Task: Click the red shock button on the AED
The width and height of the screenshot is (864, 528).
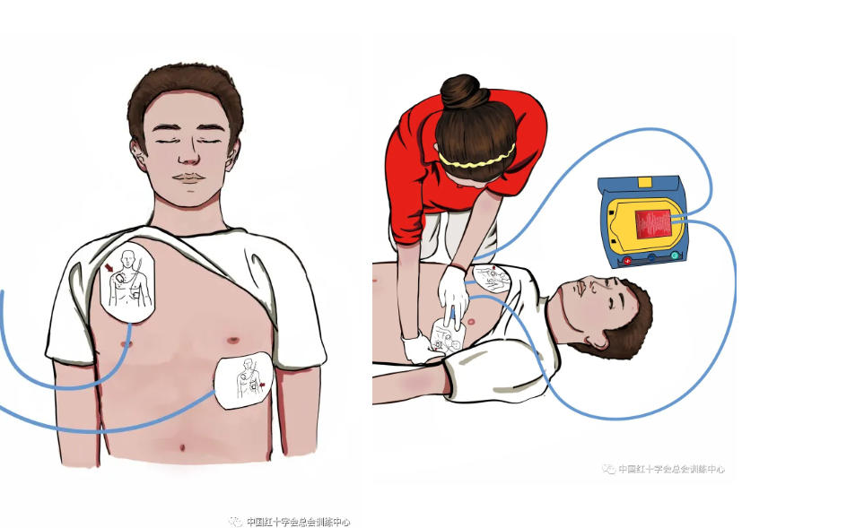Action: tap(627, 261)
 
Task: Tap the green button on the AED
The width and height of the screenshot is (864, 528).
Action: tap(675, 255)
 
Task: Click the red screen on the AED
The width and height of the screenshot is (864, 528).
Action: tap(653, 224)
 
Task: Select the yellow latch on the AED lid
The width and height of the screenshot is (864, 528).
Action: tap(644, 182)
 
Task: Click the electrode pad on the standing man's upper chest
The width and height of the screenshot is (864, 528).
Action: tap(127, 281)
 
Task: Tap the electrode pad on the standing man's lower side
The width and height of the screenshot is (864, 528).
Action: tap(243, 380)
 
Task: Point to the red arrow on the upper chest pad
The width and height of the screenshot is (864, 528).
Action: tap(109, 267)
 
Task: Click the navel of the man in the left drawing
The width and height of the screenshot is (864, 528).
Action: tap(182, 447)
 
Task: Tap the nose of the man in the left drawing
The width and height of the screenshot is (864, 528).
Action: tap(189, 153)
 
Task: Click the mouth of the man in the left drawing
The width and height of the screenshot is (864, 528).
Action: tap(188, 177)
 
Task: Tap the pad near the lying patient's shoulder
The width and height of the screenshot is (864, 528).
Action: tap(492, 279)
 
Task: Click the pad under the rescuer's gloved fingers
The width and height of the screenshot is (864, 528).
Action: tap(448, 337)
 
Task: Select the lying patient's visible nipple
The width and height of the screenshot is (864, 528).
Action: tap(471, 321)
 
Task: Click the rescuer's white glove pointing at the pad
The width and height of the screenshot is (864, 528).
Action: tap(453, 298)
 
